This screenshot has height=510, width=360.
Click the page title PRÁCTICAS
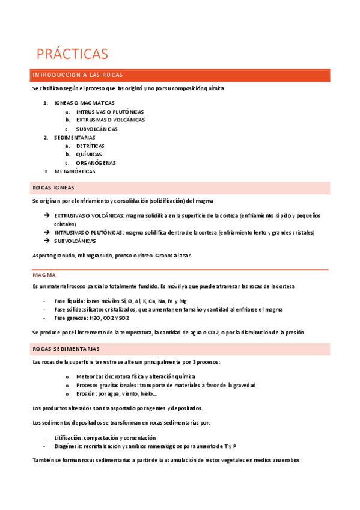(72, 54)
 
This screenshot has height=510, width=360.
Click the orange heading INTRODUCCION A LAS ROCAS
(78, 75)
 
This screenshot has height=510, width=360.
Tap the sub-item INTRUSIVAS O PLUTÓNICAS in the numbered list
(110, 111)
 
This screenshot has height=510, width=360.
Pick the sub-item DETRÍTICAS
(90, 146)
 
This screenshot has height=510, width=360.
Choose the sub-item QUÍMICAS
(89, 154)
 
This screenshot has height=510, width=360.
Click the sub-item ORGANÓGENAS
(96, 162)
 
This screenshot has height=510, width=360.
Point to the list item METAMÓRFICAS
(75, 171)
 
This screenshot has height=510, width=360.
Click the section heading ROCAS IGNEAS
(53, 188)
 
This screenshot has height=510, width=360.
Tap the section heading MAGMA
(44, 274)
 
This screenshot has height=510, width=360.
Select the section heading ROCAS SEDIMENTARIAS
(66, 349)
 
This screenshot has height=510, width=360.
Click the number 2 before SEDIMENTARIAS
(46, 137)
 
